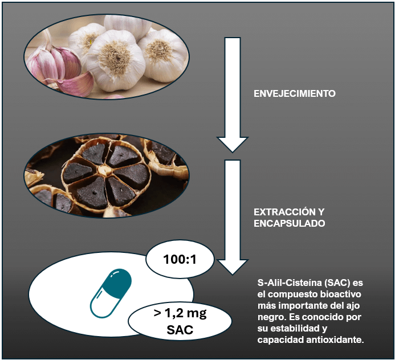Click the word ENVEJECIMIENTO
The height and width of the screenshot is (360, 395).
click(x=294, y=93)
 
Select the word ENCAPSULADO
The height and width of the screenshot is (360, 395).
click(x=290, y=223)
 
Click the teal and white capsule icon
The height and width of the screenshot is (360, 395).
click(x=111, y=293)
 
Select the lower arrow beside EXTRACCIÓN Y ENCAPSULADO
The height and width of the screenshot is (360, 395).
click(x=231, y=216)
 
